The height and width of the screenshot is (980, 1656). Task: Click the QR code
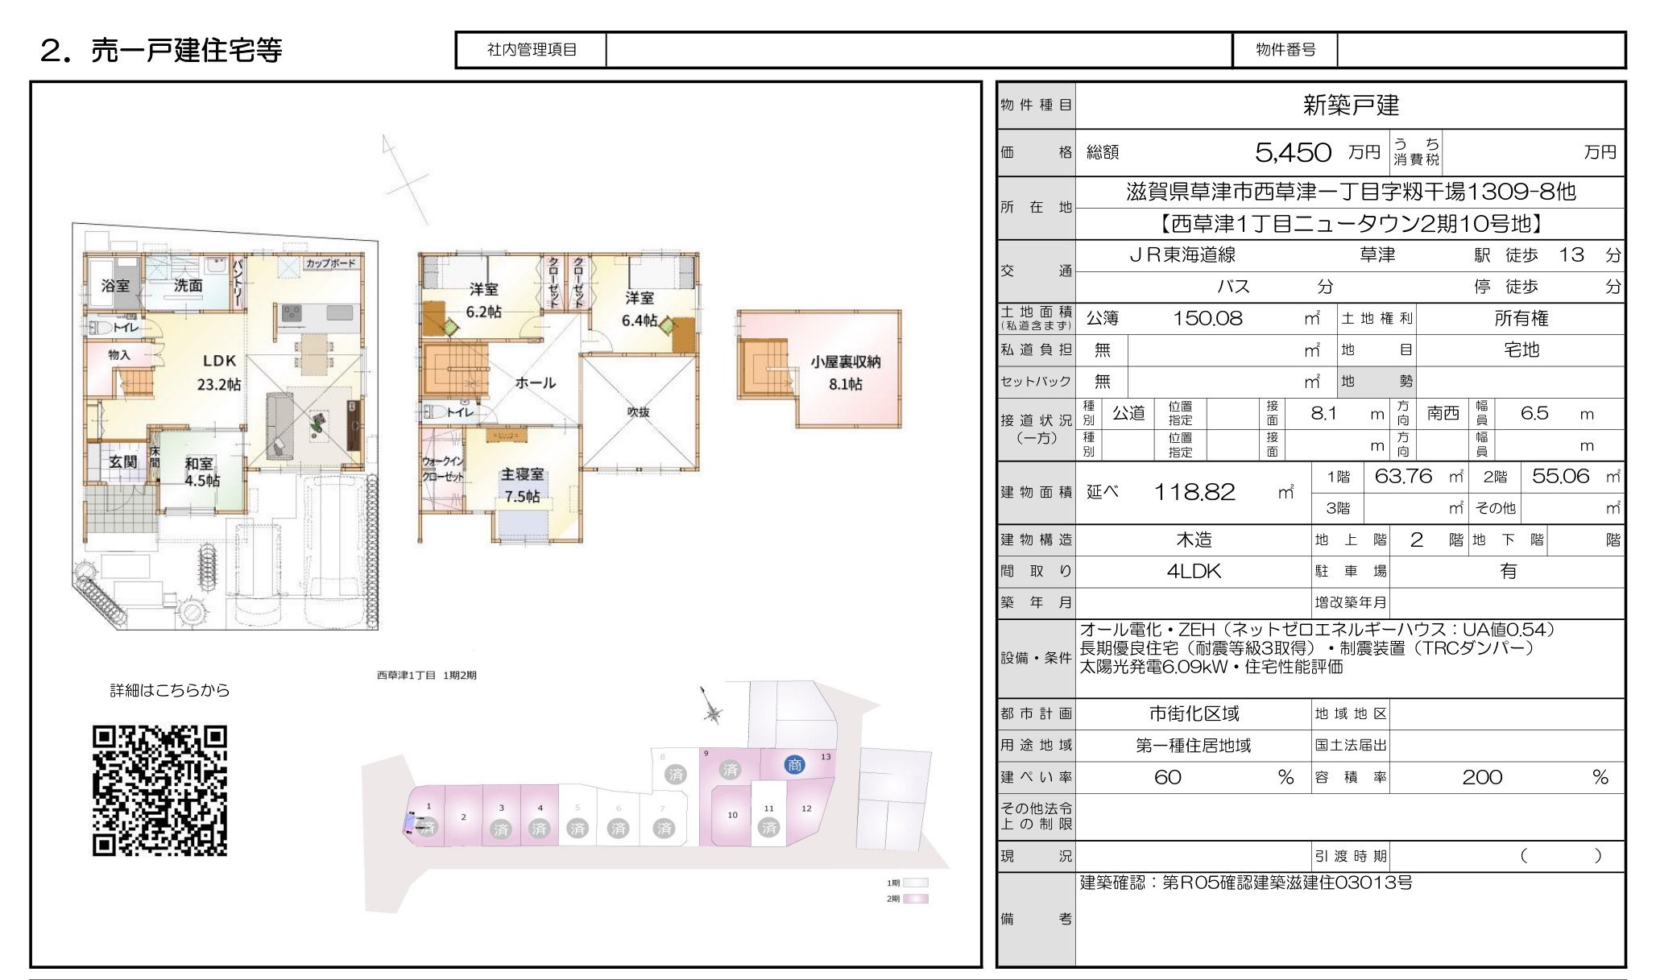pyautogui.click(x=159, y=790)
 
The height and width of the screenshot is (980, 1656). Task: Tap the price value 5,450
pyautogui.click(x=1293, y=152)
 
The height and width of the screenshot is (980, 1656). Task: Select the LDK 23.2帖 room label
pyautogui.click(x=219, y=372)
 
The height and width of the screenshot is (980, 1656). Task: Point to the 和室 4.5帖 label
pyautogui.click(x=201, y=472)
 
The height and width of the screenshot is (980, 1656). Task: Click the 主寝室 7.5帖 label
pyautogui.click(x=522, y=485)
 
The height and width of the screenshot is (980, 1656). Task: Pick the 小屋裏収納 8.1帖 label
pyautogui.click(x=845, y=373)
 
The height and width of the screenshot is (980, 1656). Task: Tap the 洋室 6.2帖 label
pyautogui.click(x=483, y=300)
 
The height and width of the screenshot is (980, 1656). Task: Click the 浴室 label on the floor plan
pyautogui.click(x=115, y=285)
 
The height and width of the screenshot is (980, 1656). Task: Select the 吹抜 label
pyautogui.click(x=638, y=412)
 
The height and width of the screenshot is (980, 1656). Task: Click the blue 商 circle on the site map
pyautogui.click(x=794, y=765)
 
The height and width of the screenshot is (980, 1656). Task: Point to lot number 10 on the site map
pyautogui.click(x=732, y=815)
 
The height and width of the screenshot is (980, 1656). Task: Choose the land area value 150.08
pyautogui.click(x=1207, y=318)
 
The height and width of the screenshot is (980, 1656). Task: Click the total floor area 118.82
pyautogui.click(x=1194, y=492)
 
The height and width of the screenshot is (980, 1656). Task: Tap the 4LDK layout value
pyautogui.click(x=1194, y=571)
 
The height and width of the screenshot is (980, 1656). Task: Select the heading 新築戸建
pyautogui.click(x=1351, y=105)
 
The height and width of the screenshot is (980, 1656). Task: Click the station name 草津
pyautogui.click(x=1377, y=255)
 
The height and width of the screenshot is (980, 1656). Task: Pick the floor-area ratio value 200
pyautogui.click(x=1482, y=777)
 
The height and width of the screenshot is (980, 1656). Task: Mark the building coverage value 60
pyautogui.click(x=1167, y=777)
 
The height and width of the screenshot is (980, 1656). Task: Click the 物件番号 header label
pyautogui.click(x=1285, y=50)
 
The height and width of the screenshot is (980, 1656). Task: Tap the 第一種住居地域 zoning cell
pyautogui.click(x=1193, y=746)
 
